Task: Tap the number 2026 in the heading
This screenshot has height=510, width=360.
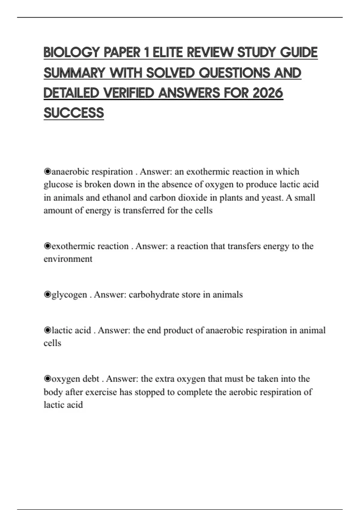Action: [x=268, y=93]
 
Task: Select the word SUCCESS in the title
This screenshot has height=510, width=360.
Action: [x=74, y=113]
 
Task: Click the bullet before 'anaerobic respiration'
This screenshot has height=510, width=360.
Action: [x=47, y=172]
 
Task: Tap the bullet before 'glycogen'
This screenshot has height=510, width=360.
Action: [x=47, y=295]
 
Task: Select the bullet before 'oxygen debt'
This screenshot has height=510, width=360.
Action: [x=47, y=379]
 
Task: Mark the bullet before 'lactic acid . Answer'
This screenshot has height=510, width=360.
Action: [x=47, y=330]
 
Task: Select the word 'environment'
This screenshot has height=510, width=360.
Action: [x=68, y=259]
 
